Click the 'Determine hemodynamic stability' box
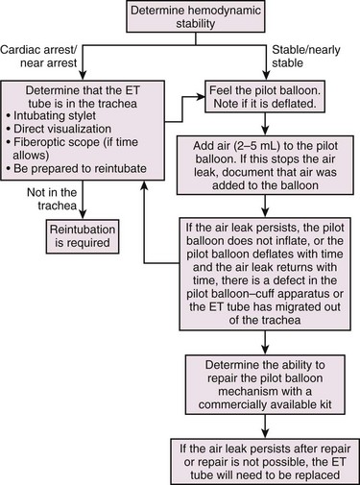(196, 16)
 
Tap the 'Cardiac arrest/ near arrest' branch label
(39, 56)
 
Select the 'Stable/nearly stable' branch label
(306, 56)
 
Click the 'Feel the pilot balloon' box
(265, 96)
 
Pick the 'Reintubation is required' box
(83, 236)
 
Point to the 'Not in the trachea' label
(52, 199)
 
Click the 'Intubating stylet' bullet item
(51, 115)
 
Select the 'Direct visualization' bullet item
(59, 129)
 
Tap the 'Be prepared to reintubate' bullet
(77, 168)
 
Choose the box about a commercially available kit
(265, 384)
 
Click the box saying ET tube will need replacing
(265, 461)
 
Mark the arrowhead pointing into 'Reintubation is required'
(83, 214)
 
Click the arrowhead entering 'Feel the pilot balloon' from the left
(200, 96)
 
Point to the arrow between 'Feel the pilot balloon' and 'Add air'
(265, 124)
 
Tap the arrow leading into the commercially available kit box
(265, 343)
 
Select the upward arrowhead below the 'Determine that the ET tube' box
(144, 185)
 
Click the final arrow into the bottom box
(265, 426)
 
